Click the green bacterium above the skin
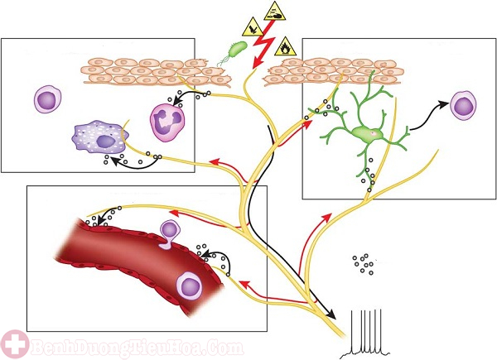(238, 49)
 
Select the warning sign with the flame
(286, 46)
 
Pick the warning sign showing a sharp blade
(253, 27)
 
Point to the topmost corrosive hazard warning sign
(275, 11)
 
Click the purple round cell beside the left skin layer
(47, 99)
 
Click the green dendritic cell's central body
(369, 133)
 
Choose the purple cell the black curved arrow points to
(463, 106)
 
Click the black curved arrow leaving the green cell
(428, 118)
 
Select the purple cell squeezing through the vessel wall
(169, 234)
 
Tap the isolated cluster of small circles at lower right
(364, 264)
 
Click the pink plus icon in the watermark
(15, 344)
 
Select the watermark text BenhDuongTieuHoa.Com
(138, 348)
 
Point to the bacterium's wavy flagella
(224, 60)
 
